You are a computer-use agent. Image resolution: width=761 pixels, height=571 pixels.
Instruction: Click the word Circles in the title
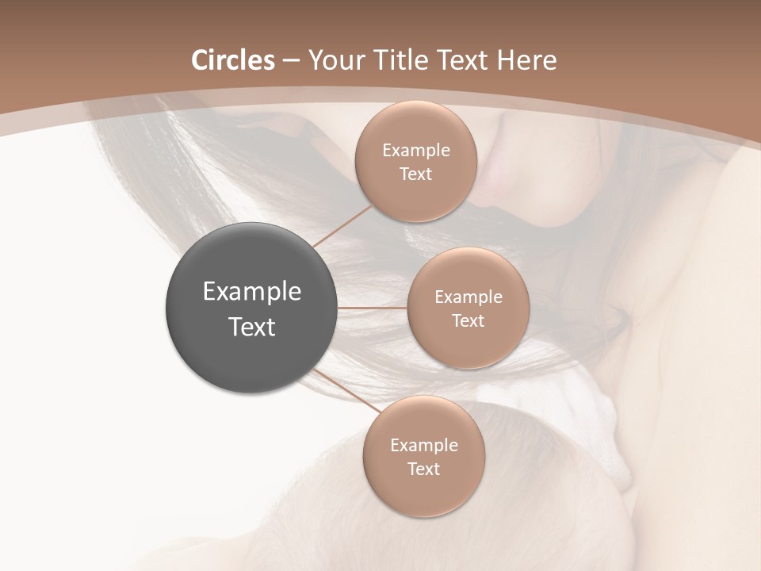point(232,60)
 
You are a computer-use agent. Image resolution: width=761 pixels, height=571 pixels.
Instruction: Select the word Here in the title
point(526,60)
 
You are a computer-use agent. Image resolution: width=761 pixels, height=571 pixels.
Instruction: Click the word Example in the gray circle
point(251,292)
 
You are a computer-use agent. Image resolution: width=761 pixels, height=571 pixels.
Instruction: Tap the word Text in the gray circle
point(251,327)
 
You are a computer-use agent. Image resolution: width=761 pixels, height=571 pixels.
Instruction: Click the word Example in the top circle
point(415,151)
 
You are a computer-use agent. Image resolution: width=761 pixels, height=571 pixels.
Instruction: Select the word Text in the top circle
point(415,174)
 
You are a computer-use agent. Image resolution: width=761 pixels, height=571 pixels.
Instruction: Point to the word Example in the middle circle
point(468,297)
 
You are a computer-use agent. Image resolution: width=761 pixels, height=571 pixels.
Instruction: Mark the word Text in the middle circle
point(468,321)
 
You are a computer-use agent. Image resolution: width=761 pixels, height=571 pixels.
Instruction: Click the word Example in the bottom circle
point(423,446)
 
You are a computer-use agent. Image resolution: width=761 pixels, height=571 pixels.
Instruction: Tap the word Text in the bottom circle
point(423,469)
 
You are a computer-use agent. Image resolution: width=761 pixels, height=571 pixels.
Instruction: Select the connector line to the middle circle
point(373,308)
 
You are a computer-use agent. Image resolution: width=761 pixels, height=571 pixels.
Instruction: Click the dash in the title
point(290,61)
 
